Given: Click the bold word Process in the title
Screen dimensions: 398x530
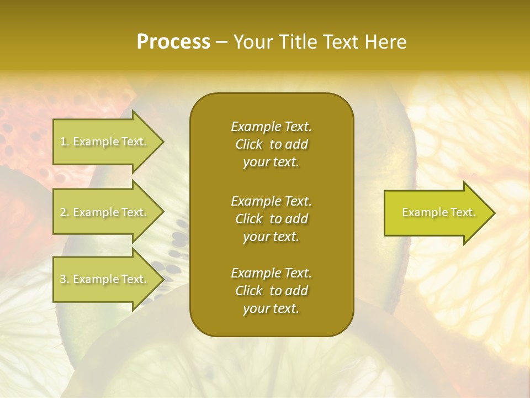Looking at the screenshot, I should (173, 42).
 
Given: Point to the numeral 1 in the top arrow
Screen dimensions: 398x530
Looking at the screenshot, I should (63, 142).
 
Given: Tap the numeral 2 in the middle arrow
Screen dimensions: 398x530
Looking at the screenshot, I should (63, 212).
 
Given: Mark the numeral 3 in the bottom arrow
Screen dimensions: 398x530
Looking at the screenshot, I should (63, 280).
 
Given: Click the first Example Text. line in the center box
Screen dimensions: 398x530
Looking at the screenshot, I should (271, 127).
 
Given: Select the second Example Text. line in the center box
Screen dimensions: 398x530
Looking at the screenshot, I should (271, 201).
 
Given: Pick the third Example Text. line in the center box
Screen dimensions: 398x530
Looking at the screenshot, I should (271, 273).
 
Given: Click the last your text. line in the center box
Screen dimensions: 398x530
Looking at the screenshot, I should (271, 309).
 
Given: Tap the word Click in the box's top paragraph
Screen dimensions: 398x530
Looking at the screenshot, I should (248, 144).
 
